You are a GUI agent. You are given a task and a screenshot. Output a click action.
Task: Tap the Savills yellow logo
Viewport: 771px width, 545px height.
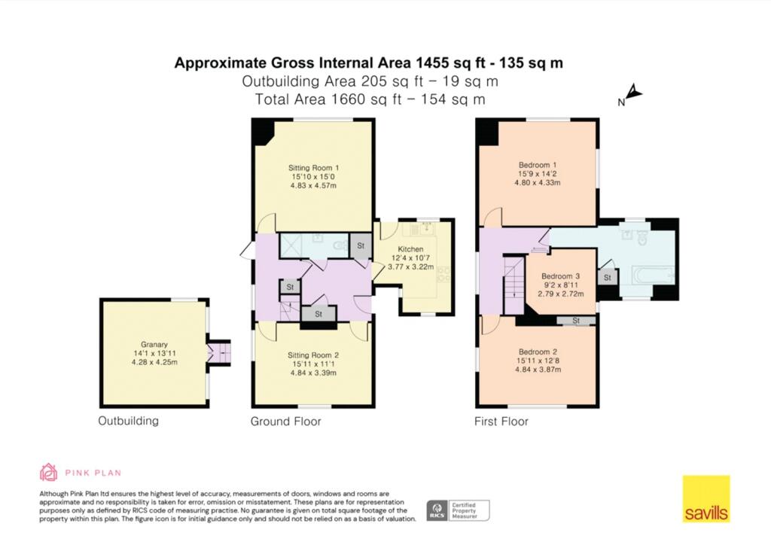click(705, 499)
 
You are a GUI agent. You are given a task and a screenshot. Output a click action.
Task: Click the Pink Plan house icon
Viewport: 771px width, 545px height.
click(48, 472)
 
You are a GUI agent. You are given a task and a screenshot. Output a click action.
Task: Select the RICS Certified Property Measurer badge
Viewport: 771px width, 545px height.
click(458, 510)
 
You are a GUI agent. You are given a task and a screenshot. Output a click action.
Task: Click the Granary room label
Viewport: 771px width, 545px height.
click(154, 345)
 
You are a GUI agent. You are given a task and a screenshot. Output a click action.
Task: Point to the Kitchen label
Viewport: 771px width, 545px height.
click(410, 249)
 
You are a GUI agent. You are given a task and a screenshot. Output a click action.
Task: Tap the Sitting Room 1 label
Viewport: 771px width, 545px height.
click(314, 168)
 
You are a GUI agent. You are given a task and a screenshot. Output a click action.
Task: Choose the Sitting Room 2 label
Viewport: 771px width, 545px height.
click(313, 355)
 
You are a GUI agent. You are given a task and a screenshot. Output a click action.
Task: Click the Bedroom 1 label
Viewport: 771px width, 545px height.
click(538, 165)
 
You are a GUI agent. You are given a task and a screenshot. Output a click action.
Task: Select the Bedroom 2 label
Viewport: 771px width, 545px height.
click(538, 352)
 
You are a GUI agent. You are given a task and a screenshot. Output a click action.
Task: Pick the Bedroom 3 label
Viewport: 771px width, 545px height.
click(560, 276)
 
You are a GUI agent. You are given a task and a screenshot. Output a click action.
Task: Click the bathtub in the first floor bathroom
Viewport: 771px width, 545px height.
click(653, 276)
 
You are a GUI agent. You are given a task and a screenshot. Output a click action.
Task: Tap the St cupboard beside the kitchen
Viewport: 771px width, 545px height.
click(361, 245)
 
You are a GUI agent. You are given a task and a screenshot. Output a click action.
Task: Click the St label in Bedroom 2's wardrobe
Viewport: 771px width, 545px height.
click(576, 321)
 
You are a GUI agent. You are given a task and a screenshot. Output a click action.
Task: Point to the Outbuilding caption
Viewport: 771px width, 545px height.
click(128, 421)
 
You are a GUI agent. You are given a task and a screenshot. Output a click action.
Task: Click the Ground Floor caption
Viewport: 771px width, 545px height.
click(285, 421)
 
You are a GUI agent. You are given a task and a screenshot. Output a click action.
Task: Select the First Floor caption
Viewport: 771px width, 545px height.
click(501, 421)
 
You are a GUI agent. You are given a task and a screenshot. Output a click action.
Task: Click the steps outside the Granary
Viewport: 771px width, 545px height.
click(219, 353)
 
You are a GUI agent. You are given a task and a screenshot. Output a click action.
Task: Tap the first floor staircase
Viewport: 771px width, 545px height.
click(514, 285)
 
